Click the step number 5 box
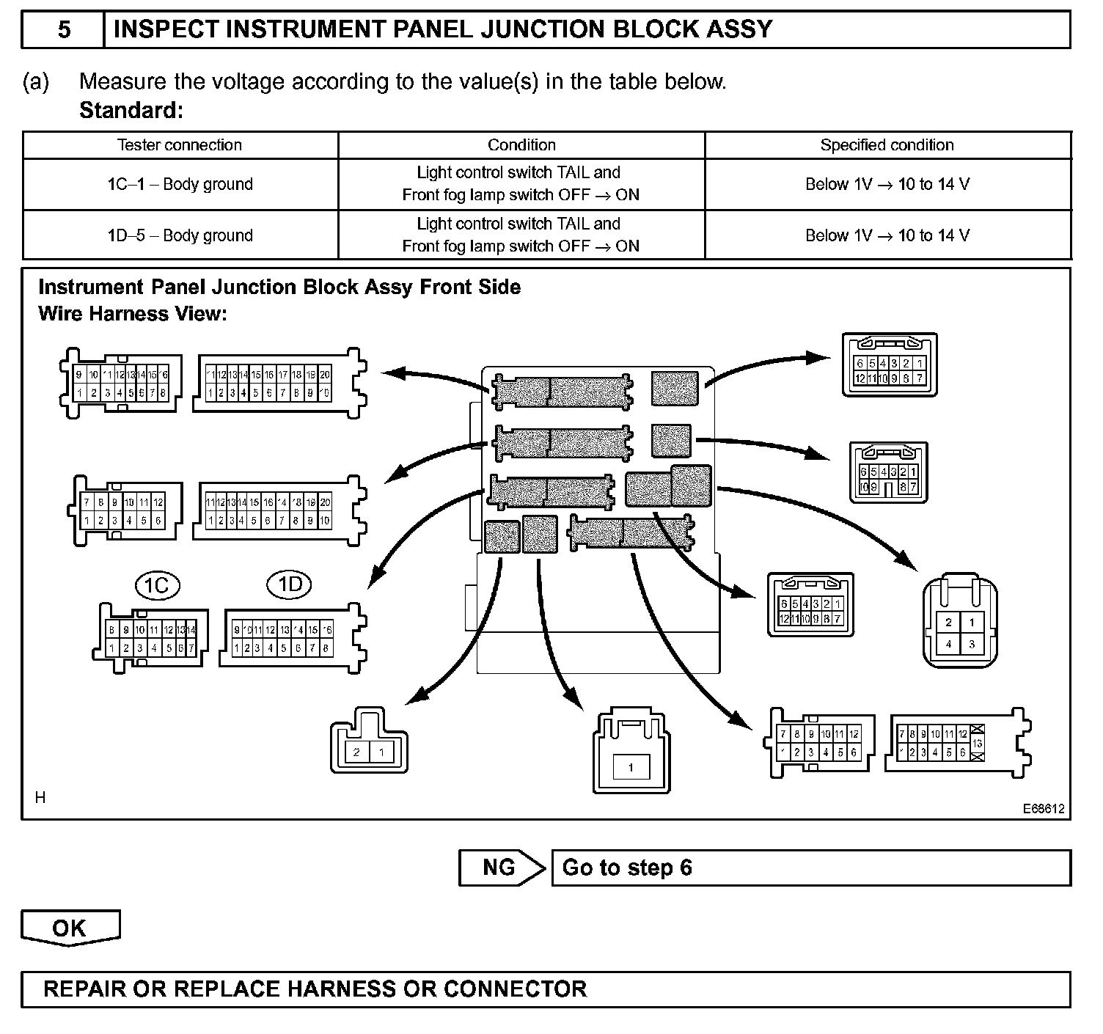[x=64, y=30]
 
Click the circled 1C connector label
[x=157, y=585]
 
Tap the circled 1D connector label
[x=290, y=584]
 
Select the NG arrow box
[x=501, y=868]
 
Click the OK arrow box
[x=70, y=928]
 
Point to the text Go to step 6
[x=627, y=868]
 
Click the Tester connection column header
[x=180, y=145]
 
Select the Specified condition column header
[x=887, y=145]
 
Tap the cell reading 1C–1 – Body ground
[x=180, y=184]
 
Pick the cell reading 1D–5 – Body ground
[x=180, y=235]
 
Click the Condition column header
[x=521, y=145]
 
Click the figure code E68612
[x=1044, y=809]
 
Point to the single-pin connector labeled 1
[x=631, y=752]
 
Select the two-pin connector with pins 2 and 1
[x=369, y=741]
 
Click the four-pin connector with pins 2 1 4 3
[x=960, y=623]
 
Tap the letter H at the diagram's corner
[x=40, y=798]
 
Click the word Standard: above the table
[x=131, y=111]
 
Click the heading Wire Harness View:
[x=132, y=314]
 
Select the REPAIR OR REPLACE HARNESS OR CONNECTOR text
[x=315, y=989]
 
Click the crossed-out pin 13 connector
[x=957, y=743]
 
